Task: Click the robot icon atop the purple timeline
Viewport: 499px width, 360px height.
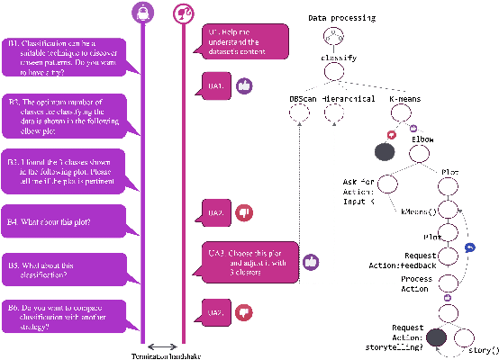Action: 141,13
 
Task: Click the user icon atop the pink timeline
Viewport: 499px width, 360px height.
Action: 180,13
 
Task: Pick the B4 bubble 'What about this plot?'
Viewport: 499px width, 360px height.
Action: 67,220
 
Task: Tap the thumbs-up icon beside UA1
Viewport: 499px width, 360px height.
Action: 243,84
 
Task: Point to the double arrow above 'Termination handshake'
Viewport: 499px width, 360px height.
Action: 161,346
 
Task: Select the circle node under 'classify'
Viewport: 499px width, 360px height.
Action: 331,78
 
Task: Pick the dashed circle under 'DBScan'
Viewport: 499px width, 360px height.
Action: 300,114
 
